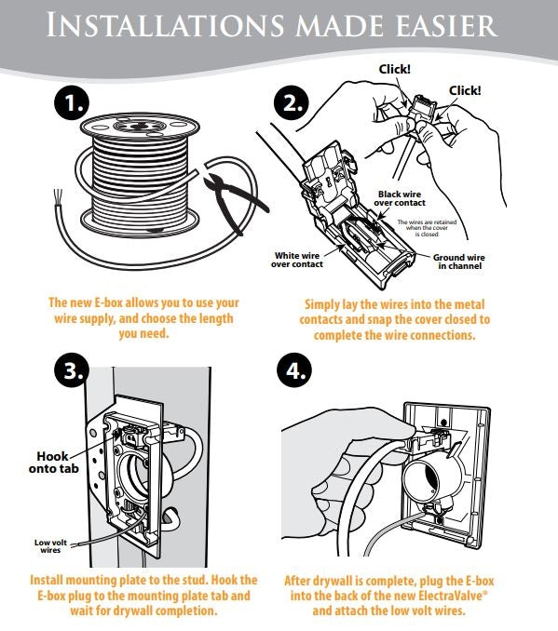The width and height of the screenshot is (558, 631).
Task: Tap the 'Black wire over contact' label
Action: pyautogui.click(x=401, y=197)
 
